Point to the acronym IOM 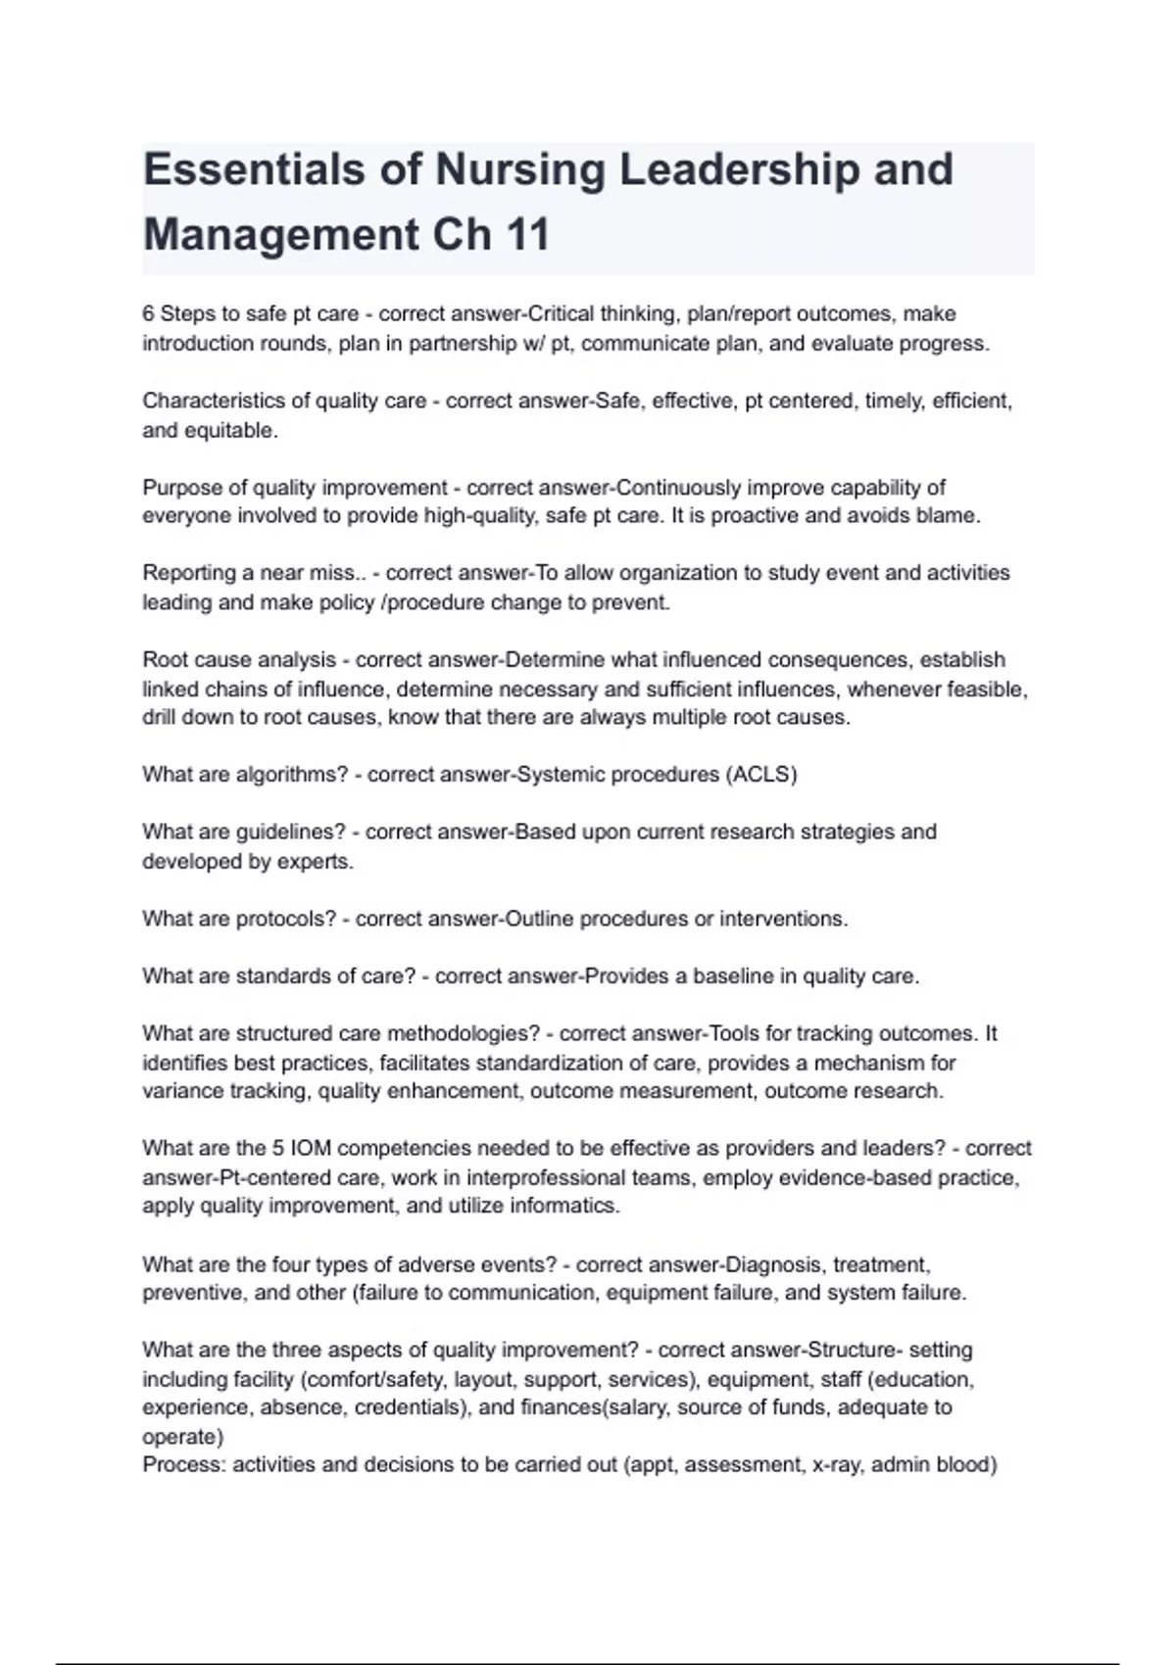[x=311, y=1148]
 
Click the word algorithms [x=292, y=775]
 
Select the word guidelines [x=291, y=832]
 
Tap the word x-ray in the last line [x=836, y=1465]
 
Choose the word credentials [x=411, y=1407]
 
